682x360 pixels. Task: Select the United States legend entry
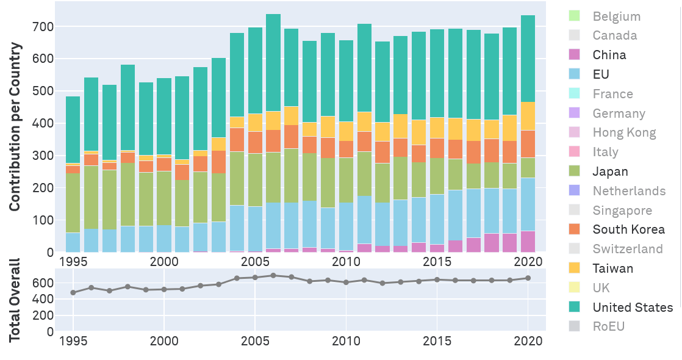click(x=633, y=308)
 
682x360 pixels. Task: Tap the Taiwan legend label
click(x=612, y=268)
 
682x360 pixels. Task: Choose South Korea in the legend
click(x=628, y=229)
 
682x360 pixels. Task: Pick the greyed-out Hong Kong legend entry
click(x=624, y=132)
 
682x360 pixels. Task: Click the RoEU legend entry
click(x=608, y=326)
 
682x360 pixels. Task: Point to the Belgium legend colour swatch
click(x=574, y=16)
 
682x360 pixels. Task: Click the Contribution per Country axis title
click(x=15, y=127)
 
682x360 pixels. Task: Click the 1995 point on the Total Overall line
click(x=73, y=292)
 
